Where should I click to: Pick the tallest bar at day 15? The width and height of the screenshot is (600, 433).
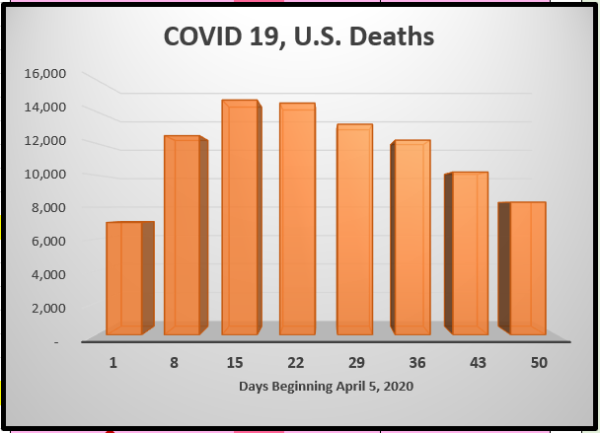click(241, 217)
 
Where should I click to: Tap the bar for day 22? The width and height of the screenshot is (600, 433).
click(297, 218)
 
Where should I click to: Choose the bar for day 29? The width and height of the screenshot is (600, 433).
click(354, 229)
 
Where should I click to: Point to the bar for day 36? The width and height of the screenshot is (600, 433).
click(411, 237)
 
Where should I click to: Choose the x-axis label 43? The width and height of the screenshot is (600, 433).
click(479, 363)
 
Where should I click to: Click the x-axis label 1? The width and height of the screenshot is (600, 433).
click(113, 363)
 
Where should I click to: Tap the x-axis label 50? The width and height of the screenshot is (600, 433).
click(538, 363)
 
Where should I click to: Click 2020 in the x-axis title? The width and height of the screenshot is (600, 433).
click(395, 387)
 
